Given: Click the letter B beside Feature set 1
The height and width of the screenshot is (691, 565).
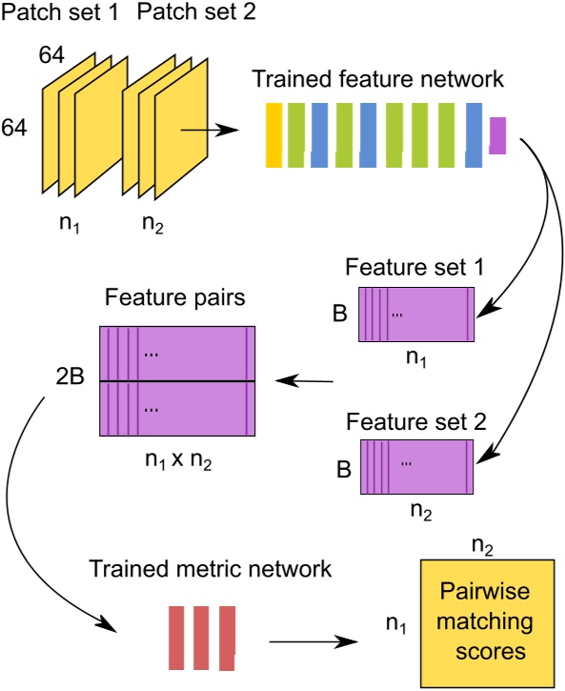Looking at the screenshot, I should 341,311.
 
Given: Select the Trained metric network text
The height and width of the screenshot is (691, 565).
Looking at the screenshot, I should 209,569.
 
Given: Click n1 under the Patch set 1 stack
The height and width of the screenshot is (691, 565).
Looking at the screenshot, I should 65,227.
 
